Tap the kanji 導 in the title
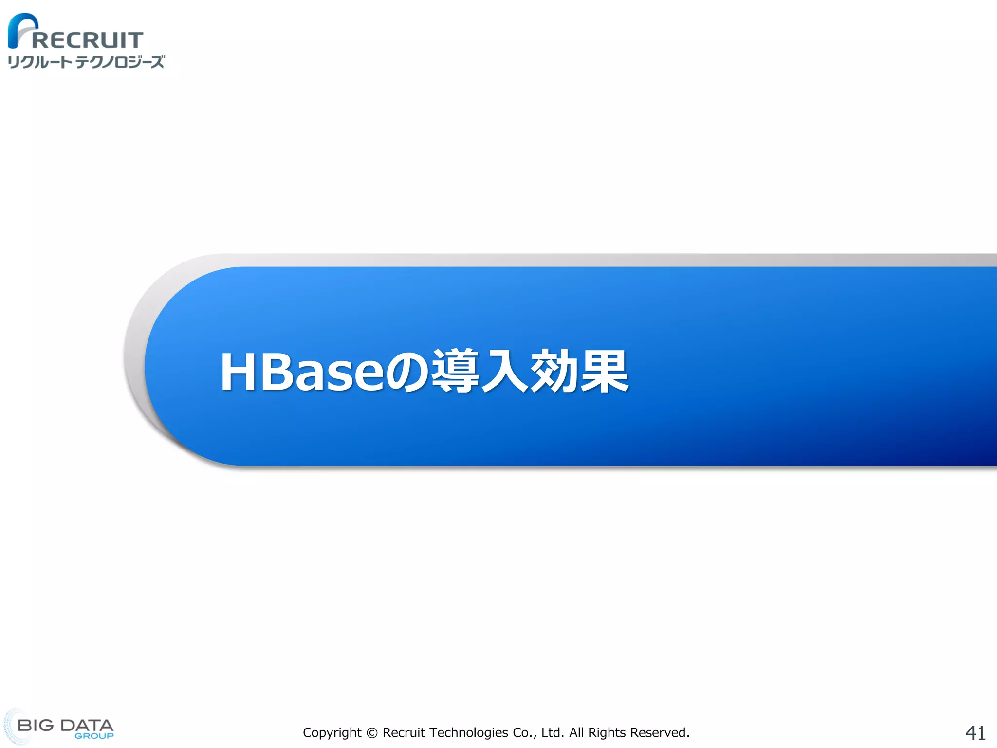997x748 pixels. (x=455, y=371)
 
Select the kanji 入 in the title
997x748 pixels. (x=505, y=371)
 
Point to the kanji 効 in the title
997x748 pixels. (x=554, y=371)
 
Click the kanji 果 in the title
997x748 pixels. (x=604, y=371)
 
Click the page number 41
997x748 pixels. (x=975, y=733)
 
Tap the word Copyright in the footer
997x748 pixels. (x=332, y=733)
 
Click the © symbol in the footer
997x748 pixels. (x=372, y=733)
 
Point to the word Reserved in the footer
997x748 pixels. (x=659, y=733)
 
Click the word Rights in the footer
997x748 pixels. (x=607, y=733)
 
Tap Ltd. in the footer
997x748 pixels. (x=552, y=733)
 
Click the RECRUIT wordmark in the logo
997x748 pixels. (x=88, y=40)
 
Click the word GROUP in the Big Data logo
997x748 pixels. (x=94, y=736)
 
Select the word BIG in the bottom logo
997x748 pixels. (x=36, y=725)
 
